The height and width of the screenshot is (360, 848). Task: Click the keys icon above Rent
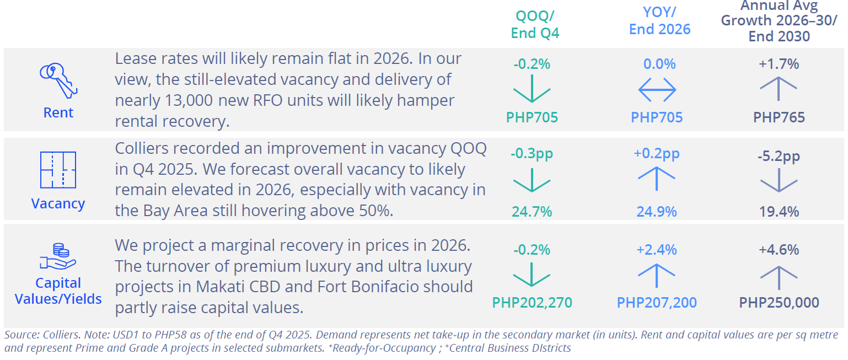pyautogui.click(x=58, y=80)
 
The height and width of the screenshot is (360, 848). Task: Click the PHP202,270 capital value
pyautogui.click(x=532, y=303)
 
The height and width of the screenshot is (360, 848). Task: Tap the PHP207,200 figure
pyautogui.click(x=657, y=303)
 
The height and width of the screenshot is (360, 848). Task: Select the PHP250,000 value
pyautogui.click(x=779, y=303)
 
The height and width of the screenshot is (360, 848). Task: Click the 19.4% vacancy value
pyautogui.click(x=779, y=212)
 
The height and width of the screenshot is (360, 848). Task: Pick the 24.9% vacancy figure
pyautogui.click(x=657, y=212)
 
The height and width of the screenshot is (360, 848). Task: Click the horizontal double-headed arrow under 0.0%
pyautogui.click(x=657, y=89)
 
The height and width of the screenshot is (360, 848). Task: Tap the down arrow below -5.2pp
pyautogui.click(x=779, y=180)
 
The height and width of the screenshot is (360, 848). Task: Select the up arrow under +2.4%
pyautogui.click(x=657, y=275)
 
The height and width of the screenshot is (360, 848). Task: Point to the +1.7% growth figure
pyautogui.click(x=779, y=64)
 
